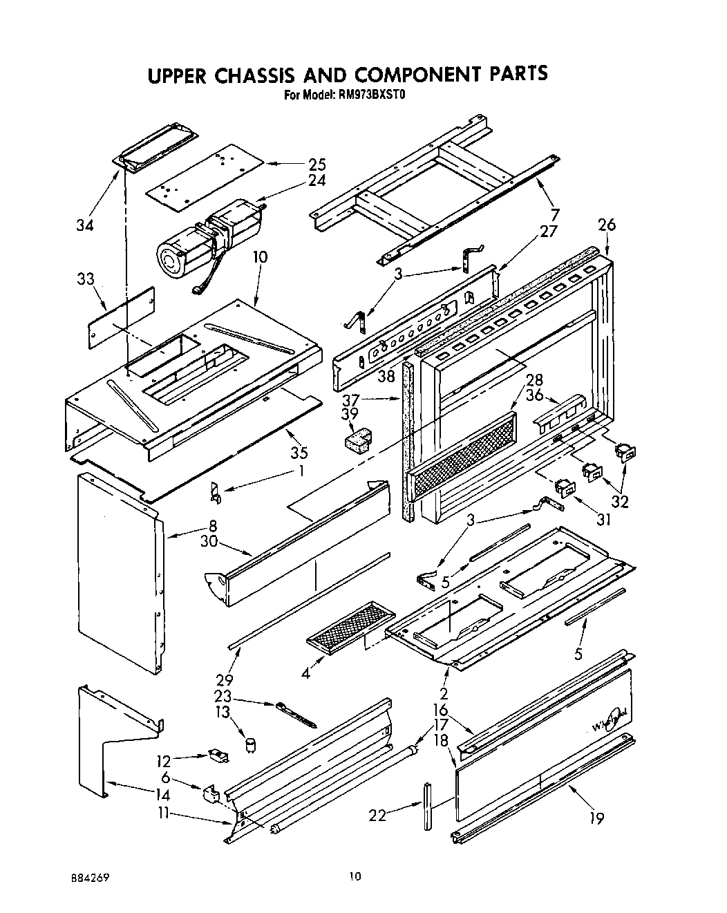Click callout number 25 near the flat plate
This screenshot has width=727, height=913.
tap(317, 164)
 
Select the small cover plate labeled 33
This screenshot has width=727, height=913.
tap(120, 318)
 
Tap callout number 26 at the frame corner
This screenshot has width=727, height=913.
tap(606, 225)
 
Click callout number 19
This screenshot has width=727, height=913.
tap(596, 818)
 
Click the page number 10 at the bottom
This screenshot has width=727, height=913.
tap(355, 877)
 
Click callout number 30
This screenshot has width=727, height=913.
tap(209, 543)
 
